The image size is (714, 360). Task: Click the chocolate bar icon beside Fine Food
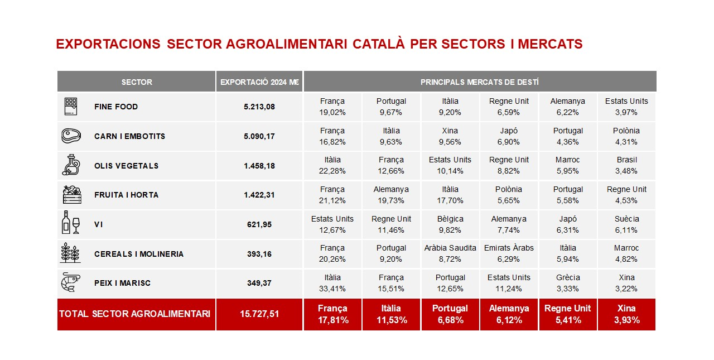[x=71, y=107]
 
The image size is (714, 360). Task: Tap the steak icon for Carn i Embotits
[x=71, y=136]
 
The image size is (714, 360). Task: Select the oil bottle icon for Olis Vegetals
[x=71, y=165]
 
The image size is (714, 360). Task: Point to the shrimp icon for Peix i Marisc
[x=71, y=282]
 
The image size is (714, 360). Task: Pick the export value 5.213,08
[x=259, y=107]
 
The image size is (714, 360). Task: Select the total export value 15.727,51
[x=259, y=314]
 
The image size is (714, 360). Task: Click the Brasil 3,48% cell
[x=626, y=166]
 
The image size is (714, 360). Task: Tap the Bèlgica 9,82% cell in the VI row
[x=450, y=224]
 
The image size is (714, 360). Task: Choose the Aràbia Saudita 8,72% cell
[x=450, y=253]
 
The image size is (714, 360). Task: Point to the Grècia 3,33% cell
[x=568, y=283]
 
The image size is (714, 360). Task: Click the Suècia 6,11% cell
[x=626, y=224]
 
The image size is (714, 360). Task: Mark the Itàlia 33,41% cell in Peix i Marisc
[x=332, y=283]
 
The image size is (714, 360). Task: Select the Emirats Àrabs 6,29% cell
[x=509, y=253]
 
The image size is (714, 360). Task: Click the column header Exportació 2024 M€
[x=259, y=82]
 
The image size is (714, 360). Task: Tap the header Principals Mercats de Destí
[x=480, y=82]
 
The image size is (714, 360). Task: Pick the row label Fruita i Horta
[x=126, y=195]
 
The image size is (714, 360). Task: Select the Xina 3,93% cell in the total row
[x=626, y=314]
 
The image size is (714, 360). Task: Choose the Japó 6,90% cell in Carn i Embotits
[x=509, y=136]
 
